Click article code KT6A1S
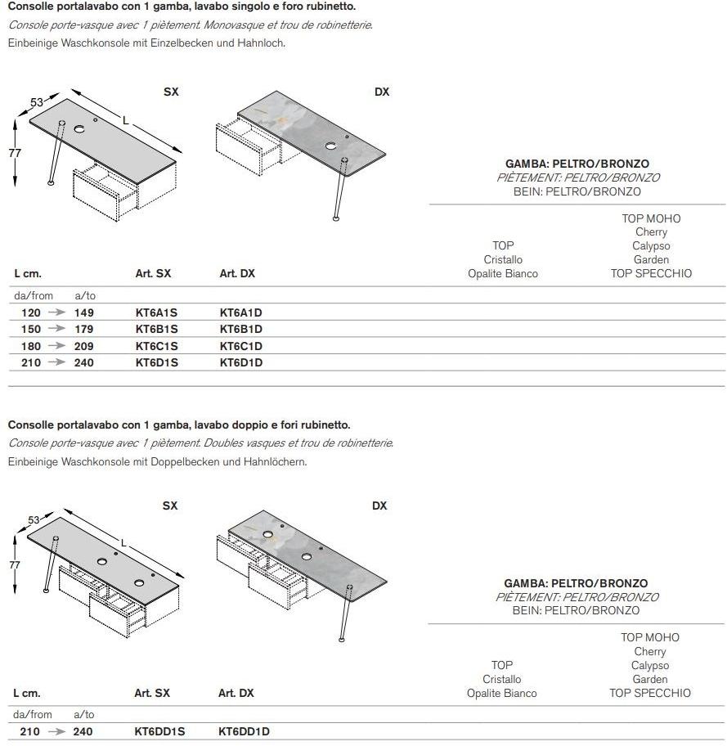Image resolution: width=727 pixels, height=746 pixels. click(x=156, y=312)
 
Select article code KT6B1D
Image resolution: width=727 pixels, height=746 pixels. click(x=241, y=329)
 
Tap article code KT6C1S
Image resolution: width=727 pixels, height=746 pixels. click(x=156, y=346)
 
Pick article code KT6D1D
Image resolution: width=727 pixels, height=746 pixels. click(x=241, y=362)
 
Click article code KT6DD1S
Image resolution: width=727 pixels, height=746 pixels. click(x=159, y=731)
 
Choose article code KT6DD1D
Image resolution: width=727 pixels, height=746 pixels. click(x=244, y=731)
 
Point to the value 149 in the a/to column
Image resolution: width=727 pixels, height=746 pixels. click(x=83, y=312)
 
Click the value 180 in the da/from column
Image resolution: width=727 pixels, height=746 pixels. click(x=31, y=346)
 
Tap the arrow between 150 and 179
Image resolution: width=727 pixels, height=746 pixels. click(x=57, y=329)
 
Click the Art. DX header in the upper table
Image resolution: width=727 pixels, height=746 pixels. click(x=237, y=273)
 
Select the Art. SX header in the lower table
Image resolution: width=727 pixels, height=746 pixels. click(x=152, y=693)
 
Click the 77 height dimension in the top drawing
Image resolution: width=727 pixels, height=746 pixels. click(x=15, y=153)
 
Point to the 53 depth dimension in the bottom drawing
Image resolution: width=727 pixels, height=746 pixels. click(x=34, y=520)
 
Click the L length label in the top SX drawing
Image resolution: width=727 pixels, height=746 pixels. click(x=125, y=120)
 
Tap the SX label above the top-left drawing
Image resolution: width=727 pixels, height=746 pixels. click(x=171, y=92)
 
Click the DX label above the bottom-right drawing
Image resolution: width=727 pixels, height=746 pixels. click(x=379, y=506)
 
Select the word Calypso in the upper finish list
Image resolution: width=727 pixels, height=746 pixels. click(x=651, y=245)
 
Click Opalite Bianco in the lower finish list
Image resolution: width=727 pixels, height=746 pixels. click(x=502, y=693)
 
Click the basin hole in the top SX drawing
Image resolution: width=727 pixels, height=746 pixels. click(x=80, y=129)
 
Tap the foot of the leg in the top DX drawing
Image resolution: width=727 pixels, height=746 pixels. click(x=336, y=218)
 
